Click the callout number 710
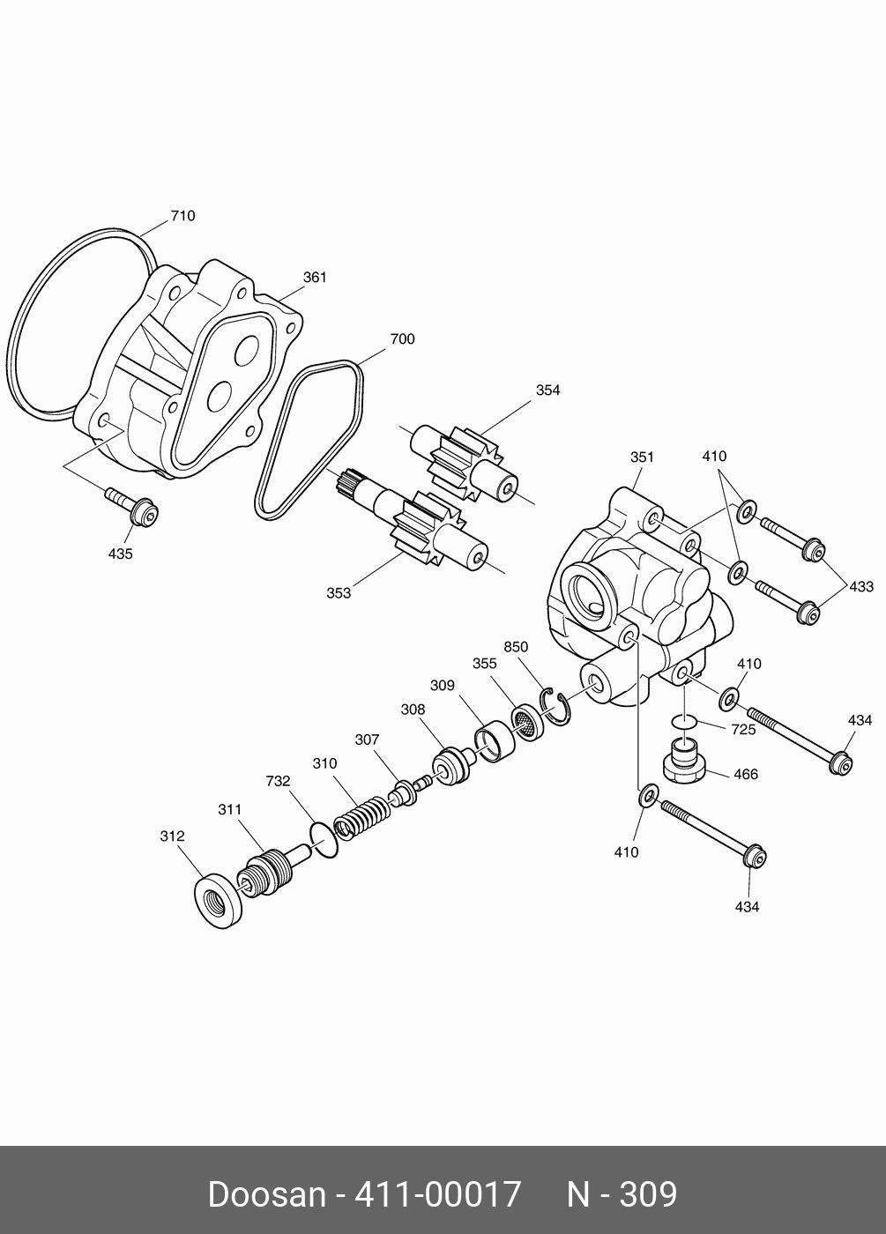pos(182,216)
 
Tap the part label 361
pos(315,277)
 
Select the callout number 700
pos(402,339)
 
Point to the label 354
pos(547,390)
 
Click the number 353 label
pos(339,593)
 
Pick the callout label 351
pos(642,457)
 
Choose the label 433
pos(860,586)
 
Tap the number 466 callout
pos(745,775)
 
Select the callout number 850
pos(516,647)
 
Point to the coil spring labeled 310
pos(361,816)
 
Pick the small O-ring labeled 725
pos(684,723)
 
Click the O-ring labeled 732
pos(324,837)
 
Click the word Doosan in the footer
pos(266,1195)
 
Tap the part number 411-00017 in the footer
pos(437,1195)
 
